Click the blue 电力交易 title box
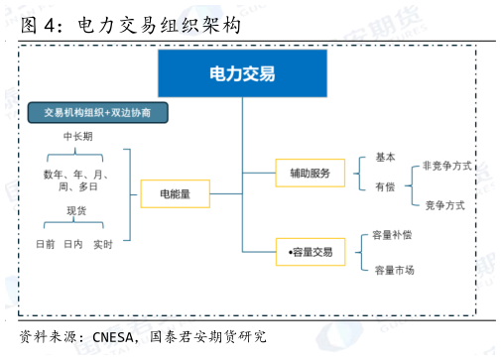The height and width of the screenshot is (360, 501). (242, 73)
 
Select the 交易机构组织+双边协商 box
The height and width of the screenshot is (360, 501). (97, 112)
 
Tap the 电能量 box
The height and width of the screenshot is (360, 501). (175, 193)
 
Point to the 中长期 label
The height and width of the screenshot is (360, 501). (77, 137)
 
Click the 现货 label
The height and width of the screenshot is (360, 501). (77, 210)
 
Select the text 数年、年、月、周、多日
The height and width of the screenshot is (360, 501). (76, 180)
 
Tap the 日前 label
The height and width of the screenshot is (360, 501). (45, 244)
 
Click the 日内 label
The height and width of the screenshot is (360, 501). (72, 244)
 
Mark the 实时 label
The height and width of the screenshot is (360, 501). (103, 244)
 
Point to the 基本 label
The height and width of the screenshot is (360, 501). (385, 157)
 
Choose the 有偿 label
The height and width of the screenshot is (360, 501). (385, 186)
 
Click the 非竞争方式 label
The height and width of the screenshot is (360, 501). (446, 166)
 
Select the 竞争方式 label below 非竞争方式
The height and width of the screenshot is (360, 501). (444, 205)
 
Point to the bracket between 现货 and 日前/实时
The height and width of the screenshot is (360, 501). (75, 227)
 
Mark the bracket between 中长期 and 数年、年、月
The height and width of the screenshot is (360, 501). (75, 156)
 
